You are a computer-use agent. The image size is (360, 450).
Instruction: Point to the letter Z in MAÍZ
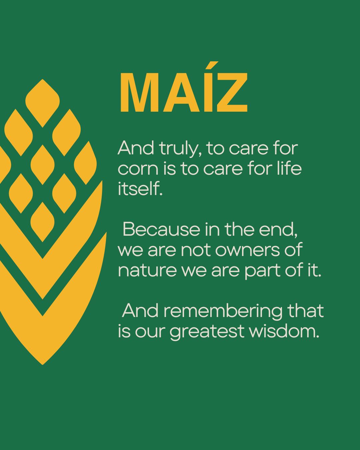[232, 93]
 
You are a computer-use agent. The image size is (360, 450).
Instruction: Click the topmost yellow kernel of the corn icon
[42, 103]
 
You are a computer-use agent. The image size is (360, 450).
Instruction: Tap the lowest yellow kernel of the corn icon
[42, 222]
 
